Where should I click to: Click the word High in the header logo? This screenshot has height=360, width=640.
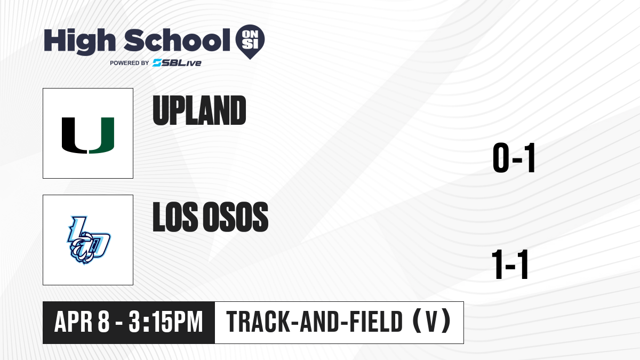(80, 42)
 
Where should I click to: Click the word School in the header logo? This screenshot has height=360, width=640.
(177, 41)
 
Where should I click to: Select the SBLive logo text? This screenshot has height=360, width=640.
(177, 63)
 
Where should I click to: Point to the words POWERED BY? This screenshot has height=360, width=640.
(130, 63)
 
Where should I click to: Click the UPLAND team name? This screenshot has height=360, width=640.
(199, 110)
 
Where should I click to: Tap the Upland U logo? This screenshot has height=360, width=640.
(88, 135)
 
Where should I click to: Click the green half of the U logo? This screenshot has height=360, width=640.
(102, 135)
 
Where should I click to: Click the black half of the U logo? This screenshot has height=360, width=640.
(74, 135)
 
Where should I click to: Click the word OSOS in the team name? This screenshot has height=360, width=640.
(235, 217)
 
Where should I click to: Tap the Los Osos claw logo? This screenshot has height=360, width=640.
(89, 241)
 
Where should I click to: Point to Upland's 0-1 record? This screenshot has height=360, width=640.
(514, 158)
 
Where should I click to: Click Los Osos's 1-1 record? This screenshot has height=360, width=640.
(510, 265)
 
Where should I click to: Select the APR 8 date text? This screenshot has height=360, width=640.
(82, 322)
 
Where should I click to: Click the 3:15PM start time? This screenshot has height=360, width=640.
(166, 322)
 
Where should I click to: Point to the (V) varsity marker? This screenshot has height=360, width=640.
(431, 322)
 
